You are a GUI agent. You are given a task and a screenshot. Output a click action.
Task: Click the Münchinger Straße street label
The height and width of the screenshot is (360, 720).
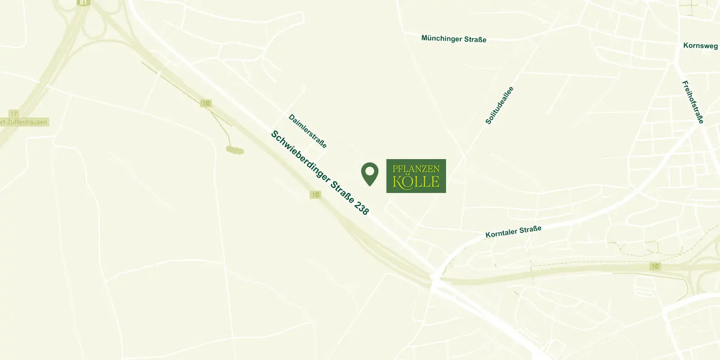point(454,39)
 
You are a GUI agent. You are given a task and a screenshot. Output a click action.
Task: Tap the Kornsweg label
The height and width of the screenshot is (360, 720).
point(700,45)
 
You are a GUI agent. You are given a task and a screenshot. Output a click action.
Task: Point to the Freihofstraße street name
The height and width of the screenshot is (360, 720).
point(693,102)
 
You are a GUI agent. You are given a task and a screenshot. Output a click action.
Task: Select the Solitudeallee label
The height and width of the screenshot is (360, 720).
point(499,105)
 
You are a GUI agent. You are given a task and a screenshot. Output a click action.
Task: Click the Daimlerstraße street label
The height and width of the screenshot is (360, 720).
point(307,131)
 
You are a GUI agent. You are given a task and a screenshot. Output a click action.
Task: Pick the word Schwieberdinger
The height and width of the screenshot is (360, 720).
point(300,157)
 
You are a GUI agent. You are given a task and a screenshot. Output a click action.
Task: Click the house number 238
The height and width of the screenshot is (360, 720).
point(361,207)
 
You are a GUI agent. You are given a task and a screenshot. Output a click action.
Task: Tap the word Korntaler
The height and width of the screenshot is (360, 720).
point(501,233)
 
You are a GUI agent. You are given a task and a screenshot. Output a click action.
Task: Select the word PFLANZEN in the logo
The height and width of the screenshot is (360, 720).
point(416,169)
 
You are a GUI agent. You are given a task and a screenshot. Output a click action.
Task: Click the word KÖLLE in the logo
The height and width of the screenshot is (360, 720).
point(416,182)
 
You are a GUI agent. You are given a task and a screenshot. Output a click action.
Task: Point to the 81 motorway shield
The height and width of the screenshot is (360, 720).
point(84,3)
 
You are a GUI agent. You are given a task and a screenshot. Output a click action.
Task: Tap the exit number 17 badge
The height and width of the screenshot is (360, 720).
point(14,114)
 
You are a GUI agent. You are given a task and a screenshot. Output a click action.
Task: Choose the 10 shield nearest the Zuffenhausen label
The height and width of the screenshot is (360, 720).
point(206,103)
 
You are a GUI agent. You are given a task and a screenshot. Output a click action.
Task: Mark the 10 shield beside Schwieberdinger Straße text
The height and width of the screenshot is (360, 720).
point(315,195)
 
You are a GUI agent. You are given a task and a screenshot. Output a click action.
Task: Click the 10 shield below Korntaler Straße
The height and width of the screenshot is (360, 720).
point(655,266)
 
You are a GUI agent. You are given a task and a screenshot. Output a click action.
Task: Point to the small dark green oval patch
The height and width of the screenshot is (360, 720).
point(235,150)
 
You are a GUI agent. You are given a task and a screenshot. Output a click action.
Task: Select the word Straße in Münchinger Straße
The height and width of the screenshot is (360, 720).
point(475,40)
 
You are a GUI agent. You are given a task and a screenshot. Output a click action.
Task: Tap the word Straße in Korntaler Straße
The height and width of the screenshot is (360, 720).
point(530,229)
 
